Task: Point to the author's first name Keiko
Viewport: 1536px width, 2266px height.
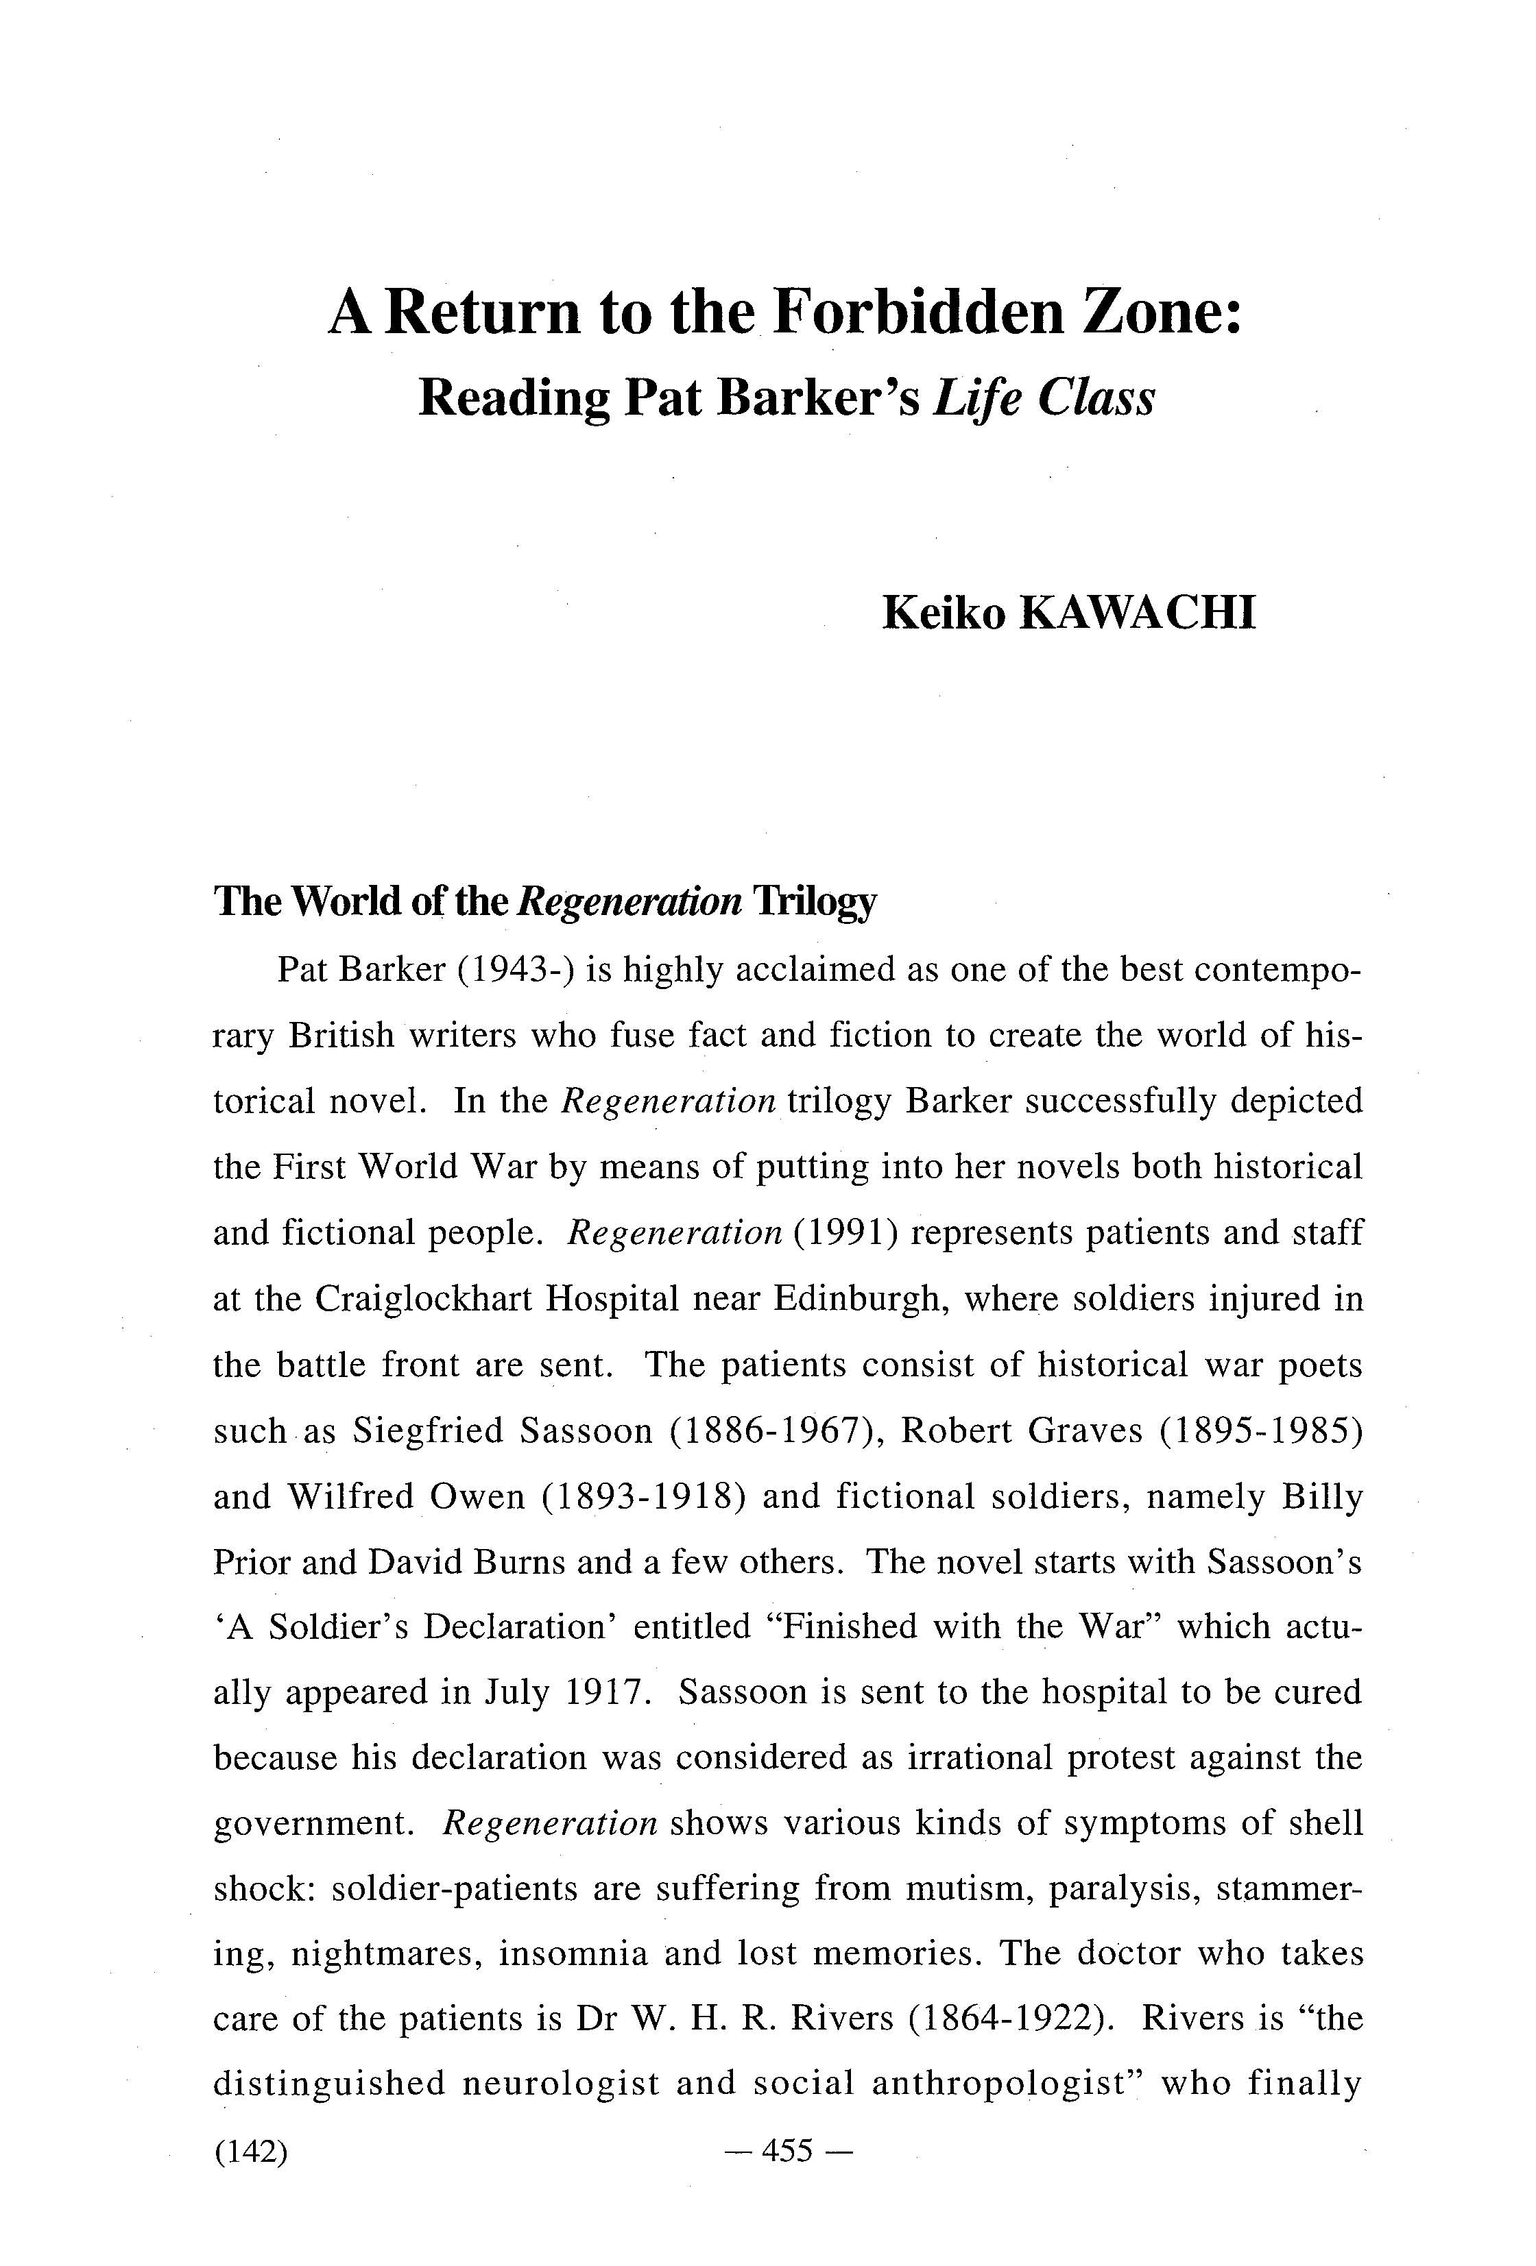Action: (942, 613)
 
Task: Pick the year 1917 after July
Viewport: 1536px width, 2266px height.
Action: (607, 1693)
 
